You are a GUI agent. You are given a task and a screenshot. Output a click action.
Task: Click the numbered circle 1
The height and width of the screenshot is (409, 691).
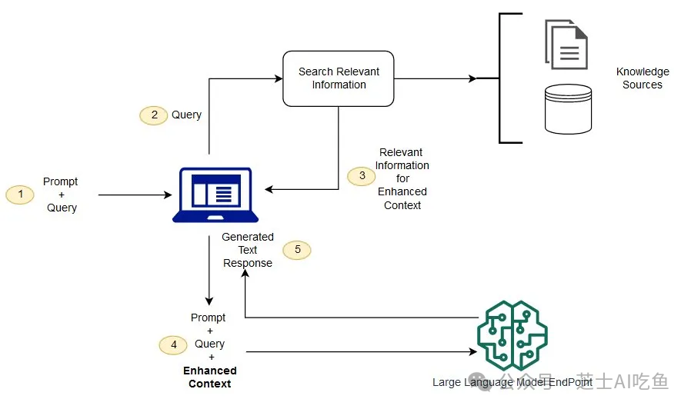pyautogui.click(x=21, y=195)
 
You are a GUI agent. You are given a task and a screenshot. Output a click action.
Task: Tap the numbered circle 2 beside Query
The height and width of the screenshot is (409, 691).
pyautogui.click(x=154, y=115)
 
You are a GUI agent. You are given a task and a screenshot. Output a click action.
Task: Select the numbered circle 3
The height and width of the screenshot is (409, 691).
pyautogui.click(x=362, y=176)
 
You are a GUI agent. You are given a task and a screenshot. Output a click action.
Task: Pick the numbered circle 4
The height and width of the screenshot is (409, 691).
pyautogui.click(x=174, y=344)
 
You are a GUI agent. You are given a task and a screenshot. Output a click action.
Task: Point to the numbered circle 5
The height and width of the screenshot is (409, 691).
pyautogui.click(x=297, y=250)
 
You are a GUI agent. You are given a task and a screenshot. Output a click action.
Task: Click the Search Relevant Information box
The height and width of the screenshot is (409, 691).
pyautogui.click(x=339, y=78)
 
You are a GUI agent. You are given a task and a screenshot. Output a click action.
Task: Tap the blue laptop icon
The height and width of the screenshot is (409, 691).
pyautogui.click(x=211, y=195)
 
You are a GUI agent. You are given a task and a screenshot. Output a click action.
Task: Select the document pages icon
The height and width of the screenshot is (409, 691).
pyautogui.click(x=566, y=45)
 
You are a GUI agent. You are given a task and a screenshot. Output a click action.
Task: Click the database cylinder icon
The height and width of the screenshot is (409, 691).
pyautogui.click(x=568, y=109)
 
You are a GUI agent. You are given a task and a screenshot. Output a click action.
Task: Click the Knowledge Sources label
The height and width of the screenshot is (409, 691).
pyautogui.click(x=643, y=78)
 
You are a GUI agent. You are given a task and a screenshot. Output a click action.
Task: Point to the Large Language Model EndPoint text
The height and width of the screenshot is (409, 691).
pyautogui.click(x=512, y=382)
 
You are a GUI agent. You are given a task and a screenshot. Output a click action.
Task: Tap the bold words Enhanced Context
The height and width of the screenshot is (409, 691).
pyautogui.click(x=209, y=377)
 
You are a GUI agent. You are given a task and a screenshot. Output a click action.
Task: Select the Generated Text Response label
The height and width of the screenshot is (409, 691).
pyautogui.click(x=248, y=250)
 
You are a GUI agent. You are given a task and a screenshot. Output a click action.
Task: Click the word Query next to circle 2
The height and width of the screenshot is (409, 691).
pyautogui.click(x=186, y=115)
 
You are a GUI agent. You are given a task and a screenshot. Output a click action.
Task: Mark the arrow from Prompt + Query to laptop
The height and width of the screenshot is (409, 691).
pyautogui.click(x=135, y=195)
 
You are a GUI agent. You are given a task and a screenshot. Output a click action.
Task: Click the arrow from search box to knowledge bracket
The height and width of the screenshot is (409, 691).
pyautogui.click(x=435, y=78)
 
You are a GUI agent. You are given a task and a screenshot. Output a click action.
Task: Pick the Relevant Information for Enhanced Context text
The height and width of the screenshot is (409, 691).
pyautogui.click(x=402, y=179)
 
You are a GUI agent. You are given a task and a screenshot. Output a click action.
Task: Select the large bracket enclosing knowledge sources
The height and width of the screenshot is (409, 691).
pyautogui.click(x=502, y=78)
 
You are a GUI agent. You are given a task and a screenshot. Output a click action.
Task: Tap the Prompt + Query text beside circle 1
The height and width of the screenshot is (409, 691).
pyautogui.click(x=61, y=195)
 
